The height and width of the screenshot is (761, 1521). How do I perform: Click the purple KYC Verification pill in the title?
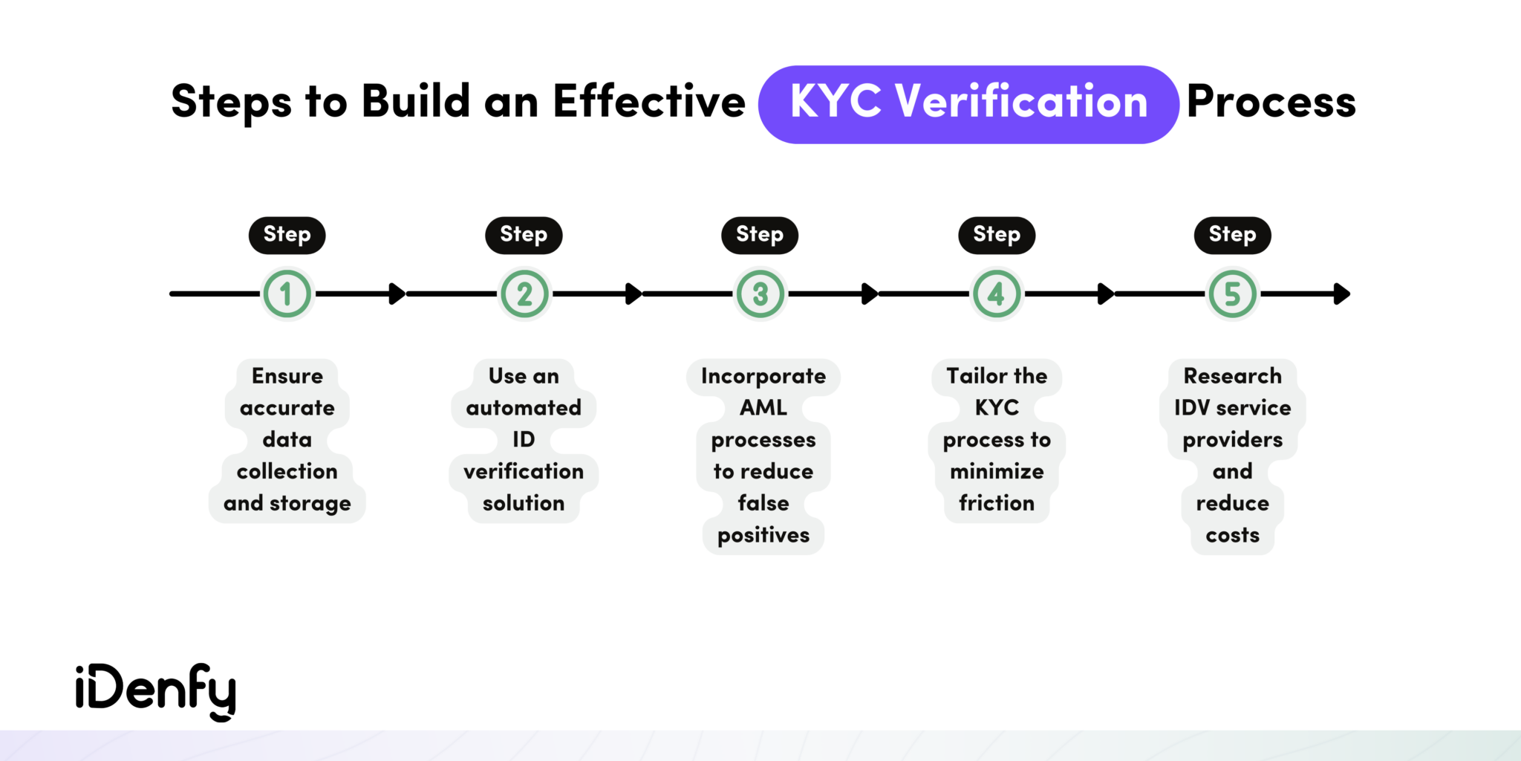[968, 104]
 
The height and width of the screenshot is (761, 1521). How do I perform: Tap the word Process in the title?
[1271, 103]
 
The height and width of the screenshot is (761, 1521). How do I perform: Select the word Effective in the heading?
[648, 102]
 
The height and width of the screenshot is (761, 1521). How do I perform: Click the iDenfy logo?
[155, 690]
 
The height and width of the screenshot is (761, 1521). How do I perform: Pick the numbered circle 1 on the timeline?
[287, 294]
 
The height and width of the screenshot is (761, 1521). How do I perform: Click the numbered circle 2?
[524, 294]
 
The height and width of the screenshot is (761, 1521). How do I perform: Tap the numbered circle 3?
[760, 294]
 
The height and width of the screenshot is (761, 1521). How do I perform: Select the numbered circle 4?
[996, 294]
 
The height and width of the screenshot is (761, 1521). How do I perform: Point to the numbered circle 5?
[1232, 294]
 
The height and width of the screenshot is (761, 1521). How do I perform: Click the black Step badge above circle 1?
[287, 235]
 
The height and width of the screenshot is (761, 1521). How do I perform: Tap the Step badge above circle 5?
[1232, 235]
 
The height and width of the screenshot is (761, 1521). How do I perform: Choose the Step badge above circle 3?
[760, 235]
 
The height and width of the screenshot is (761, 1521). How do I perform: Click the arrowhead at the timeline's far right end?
[1341, 294]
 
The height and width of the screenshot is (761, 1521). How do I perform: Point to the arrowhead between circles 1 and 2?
[397, 294]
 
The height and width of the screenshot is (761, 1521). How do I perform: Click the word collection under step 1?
[287, 471]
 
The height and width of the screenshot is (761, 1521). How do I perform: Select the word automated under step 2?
[524, 408]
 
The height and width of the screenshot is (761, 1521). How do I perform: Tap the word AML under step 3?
[763, 408]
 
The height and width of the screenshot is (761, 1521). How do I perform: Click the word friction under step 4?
[996, 503]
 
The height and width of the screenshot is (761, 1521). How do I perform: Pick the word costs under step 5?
[1232, 535]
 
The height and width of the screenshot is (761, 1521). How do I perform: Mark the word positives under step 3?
[763, 535]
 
